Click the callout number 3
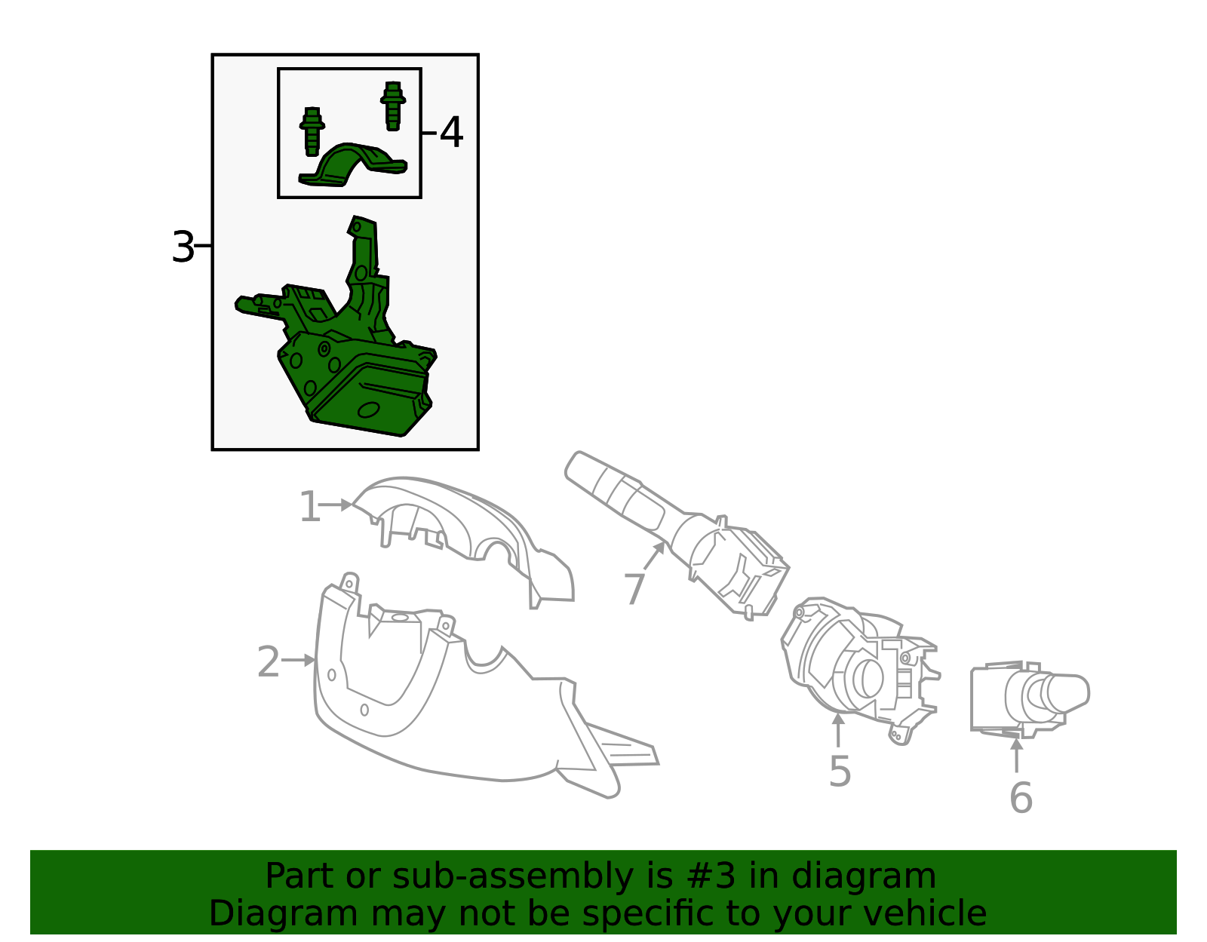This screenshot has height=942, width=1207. coord(183,247)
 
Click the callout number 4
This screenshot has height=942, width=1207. coord(451,133)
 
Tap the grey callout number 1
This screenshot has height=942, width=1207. coord(309,507)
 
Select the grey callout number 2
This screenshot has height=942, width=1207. coord(268,662)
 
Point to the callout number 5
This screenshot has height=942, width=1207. coord(840,772)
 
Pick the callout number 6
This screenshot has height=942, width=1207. coord(1020,798)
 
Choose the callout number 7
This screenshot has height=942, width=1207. coord(634,588)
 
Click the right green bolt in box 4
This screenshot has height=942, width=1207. coord(392,106)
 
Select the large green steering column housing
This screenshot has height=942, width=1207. coord(355,362)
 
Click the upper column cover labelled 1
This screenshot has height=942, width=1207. coord(468,528)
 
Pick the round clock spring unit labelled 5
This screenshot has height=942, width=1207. coord(860,671)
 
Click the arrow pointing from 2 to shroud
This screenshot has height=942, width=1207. coord(299,660)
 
